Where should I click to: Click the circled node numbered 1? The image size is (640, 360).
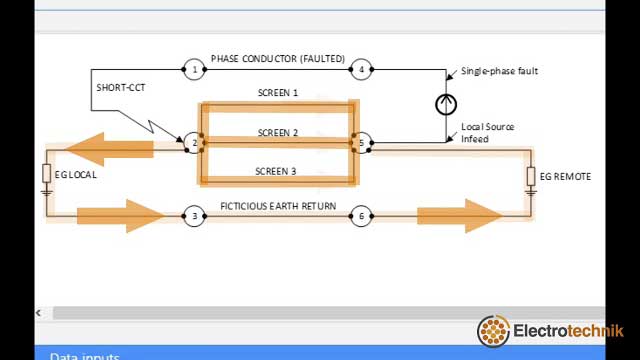(x=194, y=69)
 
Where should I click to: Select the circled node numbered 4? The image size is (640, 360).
(x=361, y=69)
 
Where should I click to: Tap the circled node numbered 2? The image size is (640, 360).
(x=194, y=143)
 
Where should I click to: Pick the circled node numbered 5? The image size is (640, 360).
(x=361, y=143)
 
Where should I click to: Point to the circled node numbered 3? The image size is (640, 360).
(x=194, y=216)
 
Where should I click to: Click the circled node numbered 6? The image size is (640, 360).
(x=361, y=216)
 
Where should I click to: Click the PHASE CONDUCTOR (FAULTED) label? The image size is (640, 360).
(x=277, y=59)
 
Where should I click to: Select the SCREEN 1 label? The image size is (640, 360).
(x=277, y=93)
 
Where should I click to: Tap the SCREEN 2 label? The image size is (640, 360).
(x=277, y=133)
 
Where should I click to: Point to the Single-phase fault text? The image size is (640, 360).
(x=499, y=72)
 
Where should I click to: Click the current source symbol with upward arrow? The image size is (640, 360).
(x=446, y=104)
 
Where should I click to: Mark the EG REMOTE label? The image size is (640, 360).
(x=565, y=177)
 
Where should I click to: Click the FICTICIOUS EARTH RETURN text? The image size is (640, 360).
(x=277, y=206)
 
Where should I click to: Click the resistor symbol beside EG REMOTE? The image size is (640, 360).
(x=531, y=177)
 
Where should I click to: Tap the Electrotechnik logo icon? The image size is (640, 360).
(x=494, y=331)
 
